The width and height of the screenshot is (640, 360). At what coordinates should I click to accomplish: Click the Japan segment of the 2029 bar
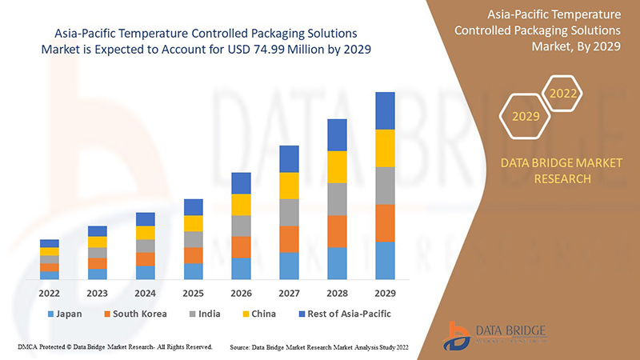pyautogui.click(x=385, y=260)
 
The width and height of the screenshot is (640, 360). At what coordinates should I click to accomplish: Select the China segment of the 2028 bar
pyautogui.click(x=337, y=166)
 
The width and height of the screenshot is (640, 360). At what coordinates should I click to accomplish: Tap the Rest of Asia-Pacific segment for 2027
pyautogui.click(x=289, y=158)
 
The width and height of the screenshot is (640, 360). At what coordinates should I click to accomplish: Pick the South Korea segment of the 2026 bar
pyautogui.click(x=241, y=246)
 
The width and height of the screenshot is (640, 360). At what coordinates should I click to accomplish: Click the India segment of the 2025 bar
pyautogui.click(x=193, y=239)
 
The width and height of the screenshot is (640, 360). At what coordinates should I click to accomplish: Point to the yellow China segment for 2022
pyautogui.click(x=50, y=251)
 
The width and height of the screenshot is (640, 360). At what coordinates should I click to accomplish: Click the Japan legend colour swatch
pyautogui.click(x=51, y=314)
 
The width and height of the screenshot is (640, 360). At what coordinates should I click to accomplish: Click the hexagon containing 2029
pyautogui.click(x=526, y=117)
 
